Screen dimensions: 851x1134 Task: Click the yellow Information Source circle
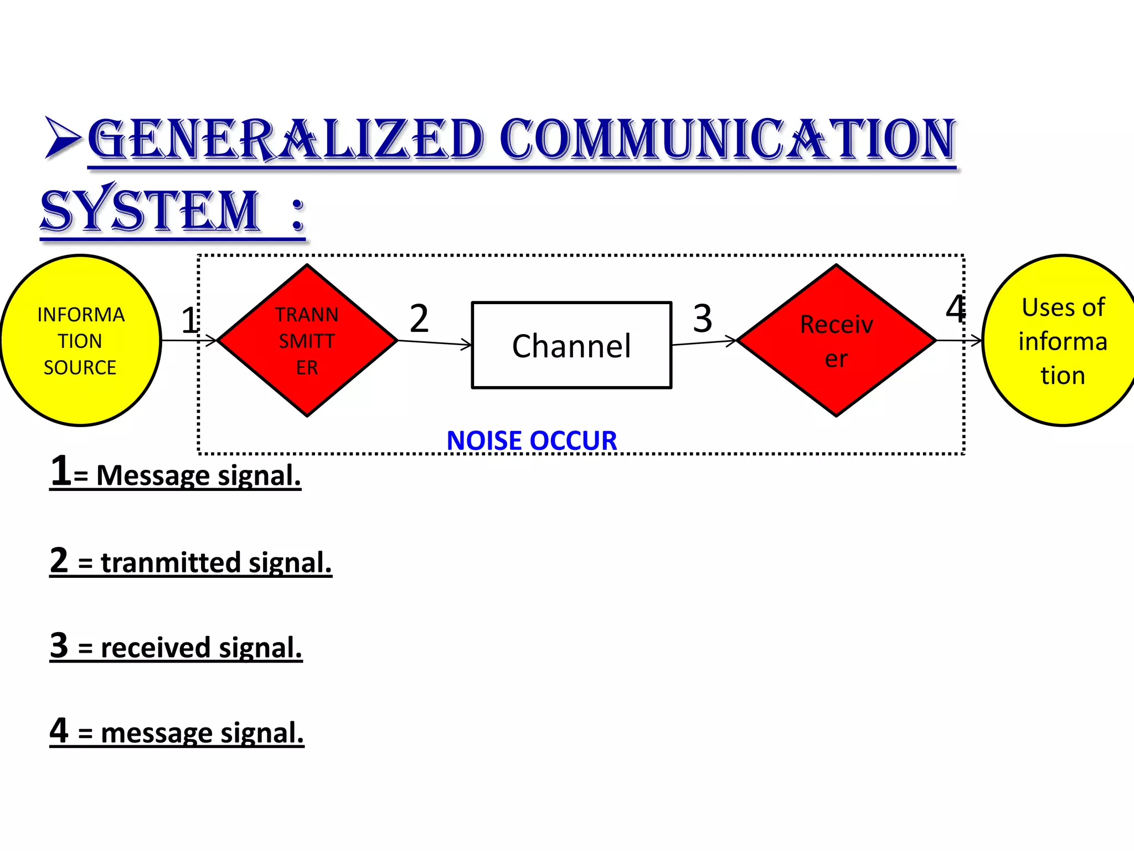click(80, 340)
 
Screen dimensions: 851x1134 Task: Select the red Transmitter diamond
click(307, 340)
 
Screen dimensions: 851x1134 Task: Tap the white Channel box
click(571, 345)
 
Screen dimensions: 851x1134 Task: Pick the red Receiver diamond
click(836, 340)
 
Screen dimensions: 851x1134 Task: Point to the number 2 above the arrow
click(419, 319)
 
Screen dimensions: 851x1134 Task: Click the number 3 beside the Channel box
click(703, 319)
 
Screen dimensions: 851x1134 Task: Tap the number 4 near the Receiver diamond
click(956, 309)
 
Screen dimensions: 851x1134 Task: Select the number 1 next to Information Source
click(189, 320)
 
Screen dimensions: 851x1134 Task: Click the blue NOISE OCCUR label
click(532, 441)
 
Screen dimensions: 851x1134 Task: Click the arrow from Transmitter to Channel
click(435, 343)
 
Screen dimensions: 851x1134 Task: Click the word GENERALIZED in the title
click(286, 140)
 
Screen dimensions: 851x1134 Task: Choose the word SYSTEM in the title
click(150, 211)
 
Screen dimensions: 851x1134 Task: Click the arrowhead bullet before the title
click(63, 137)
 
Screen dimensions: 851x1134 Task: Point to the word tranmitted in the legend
click(171, 562)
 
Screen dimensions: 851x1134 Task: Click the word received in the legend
click(156, 648)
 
